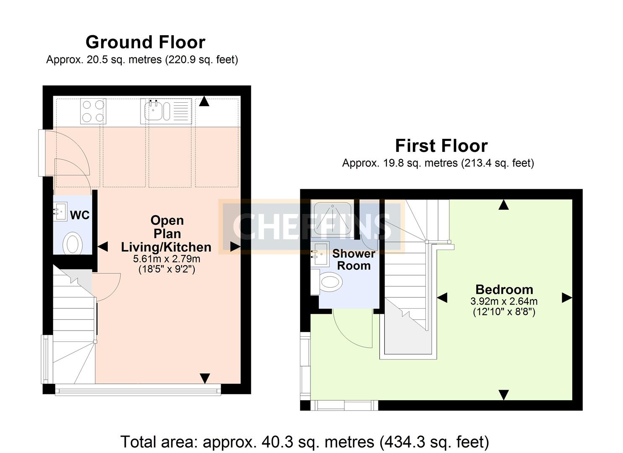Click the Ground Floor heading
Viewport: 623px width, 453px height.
coord(145,42)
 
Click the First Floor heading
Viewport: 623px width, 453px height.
coord(441,146)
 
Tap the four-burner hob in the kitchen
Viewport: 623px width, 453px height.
coord(93,111)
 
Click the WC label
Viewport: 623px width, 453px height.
coord(80,215)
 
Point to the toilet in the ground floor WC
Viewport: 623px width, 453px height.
coord(73,243)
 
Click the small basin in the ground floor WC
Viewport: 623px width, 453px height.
coord(60,211)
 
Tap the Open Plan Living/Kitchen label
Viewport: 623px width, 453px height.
coord(167,234)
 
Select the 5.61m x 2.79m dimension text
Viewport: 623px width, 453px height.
coord(167,259)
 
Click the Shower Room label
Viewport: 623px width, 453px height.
coord(354,260)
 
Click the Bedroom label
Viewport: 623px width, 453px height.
coord(504,289)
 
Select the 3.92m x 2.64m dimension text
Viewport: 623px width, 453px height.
coord(504,301)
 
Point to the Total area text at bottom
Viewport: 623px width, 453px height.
coord(305,442)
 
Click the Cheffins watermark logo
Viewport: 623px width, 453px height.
coord(311,226)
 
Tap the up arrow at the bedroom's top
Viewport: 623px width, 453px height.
coord(503,205)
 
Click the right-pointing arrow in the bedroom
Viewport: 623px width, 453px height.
coord(566,298)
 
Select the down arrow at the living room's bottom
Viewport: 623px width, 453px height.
coord(204,378)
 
